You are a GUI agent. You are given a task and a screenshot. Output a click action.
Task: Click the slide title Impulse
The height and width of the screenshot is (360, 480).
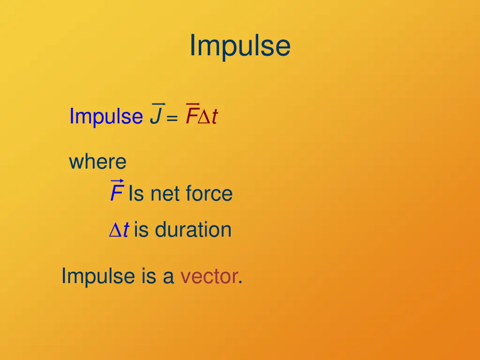[x=240, y=46]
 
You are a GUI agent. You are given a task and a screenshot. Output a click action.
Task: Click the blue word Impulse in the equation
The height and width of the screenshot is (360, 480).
[x=106, y=116]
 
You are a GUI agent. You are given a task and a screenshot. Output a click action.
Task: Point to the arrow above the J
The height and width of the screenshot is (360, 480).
[x=158, y=104]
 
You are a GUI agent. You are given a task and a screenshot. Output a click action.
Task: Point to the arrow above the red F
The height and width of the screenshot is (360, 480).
[x=193, y=104]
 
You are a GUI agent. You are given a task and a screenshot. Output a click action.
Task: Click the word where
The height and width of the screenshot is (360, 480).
[x=97, y=162]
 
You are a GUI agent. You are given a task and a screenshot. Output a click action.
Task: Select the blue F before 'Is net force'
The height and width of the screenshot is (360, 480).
[x=116, y=194]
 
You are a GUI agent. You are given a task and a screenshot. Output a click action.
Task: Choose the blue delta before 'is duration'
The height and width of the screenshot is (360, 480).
[x=115, y=230]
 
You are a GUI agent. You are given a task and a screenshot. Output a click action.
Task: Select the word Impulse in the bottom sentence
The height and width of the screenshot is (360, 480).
[x=98, y=276]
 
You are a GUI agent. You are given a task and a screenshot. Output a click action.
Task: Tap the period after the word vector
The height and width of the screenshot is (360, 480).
[x=240, y=282]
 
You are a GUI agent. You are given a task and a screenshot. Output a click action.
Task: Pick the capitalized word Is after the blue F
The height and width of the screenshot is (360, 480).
[x=136, y=194]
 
